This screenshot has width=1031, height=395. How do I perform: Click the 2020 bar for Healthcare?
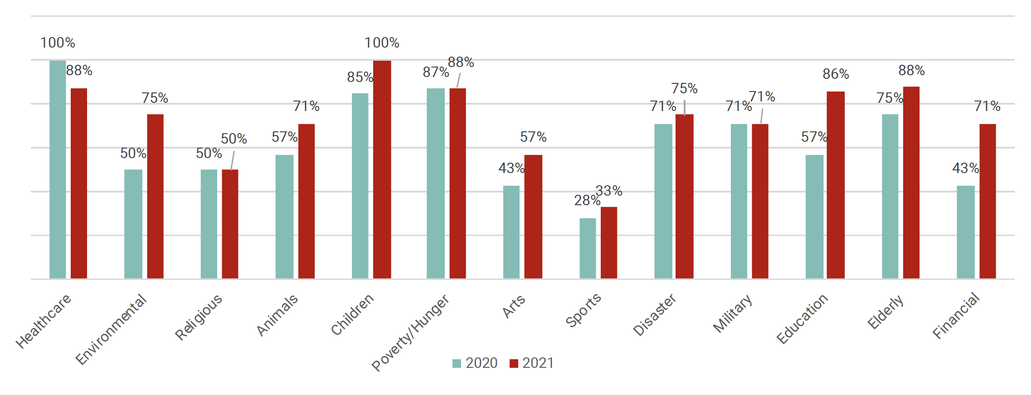click(x=58, y=169)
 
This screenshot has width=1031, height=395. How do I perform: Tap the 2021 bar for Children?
click(x=382, y=169)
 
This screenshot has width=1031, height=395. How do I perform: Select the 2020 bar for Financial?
click(x=966, y=232)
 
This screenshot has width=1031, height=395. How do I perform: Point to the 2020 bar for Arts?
click(x=511, y=232)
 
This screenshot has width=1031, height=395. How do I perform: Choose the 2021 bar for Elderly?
click(x=911, y=183)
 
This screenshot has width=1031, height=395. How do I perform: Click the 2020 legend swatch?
click(x=457, y=363)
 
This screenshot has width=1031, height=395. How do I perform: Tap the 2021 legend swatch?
click(x=514, y=363)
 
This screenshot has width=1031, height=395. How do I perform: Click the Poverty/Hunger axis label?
click(x=410, y=333)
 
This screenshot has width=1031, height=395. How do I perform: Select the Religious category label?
click(x=199, y=317)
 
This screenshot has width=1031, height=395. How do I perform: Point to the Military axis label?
click(x=733, y=313)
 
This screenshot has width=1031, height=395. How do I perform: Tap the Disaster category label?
click(x=654, y=315)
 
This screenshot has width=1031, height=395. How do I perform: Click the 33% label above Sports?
click(x=609, y=191)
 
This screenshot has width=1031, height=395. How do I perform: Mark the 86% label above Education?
click(x=836, y=74)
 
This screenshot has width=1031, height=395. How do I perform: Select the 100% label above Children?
click(x=382, y=43)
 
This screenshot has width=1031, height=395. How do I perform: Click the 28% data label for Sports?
click(x=587, y=200)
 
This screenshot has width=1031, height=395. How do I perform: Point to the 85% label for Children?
click(x=360, y=77)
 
